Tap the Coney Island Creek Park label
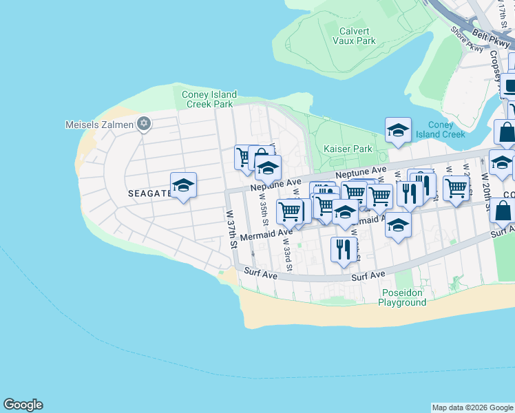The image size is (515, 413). pos(209,100)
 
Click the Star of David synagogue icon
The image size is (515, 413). pos(144,124)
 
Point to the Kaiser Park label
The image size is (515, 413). pos(348,149)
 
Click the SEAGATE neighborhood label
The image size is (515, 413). pos(149,193)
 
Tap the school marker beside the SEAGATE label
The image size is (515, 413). pos(184,185)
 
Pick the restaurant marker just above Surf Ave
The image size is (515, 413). pos(344,251)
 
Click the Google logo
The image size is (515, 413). pos(23,405)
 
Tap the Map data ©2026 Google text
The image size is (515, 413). pos(472,407)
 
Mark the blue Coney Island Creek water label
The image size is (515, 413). pos(446,129)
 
